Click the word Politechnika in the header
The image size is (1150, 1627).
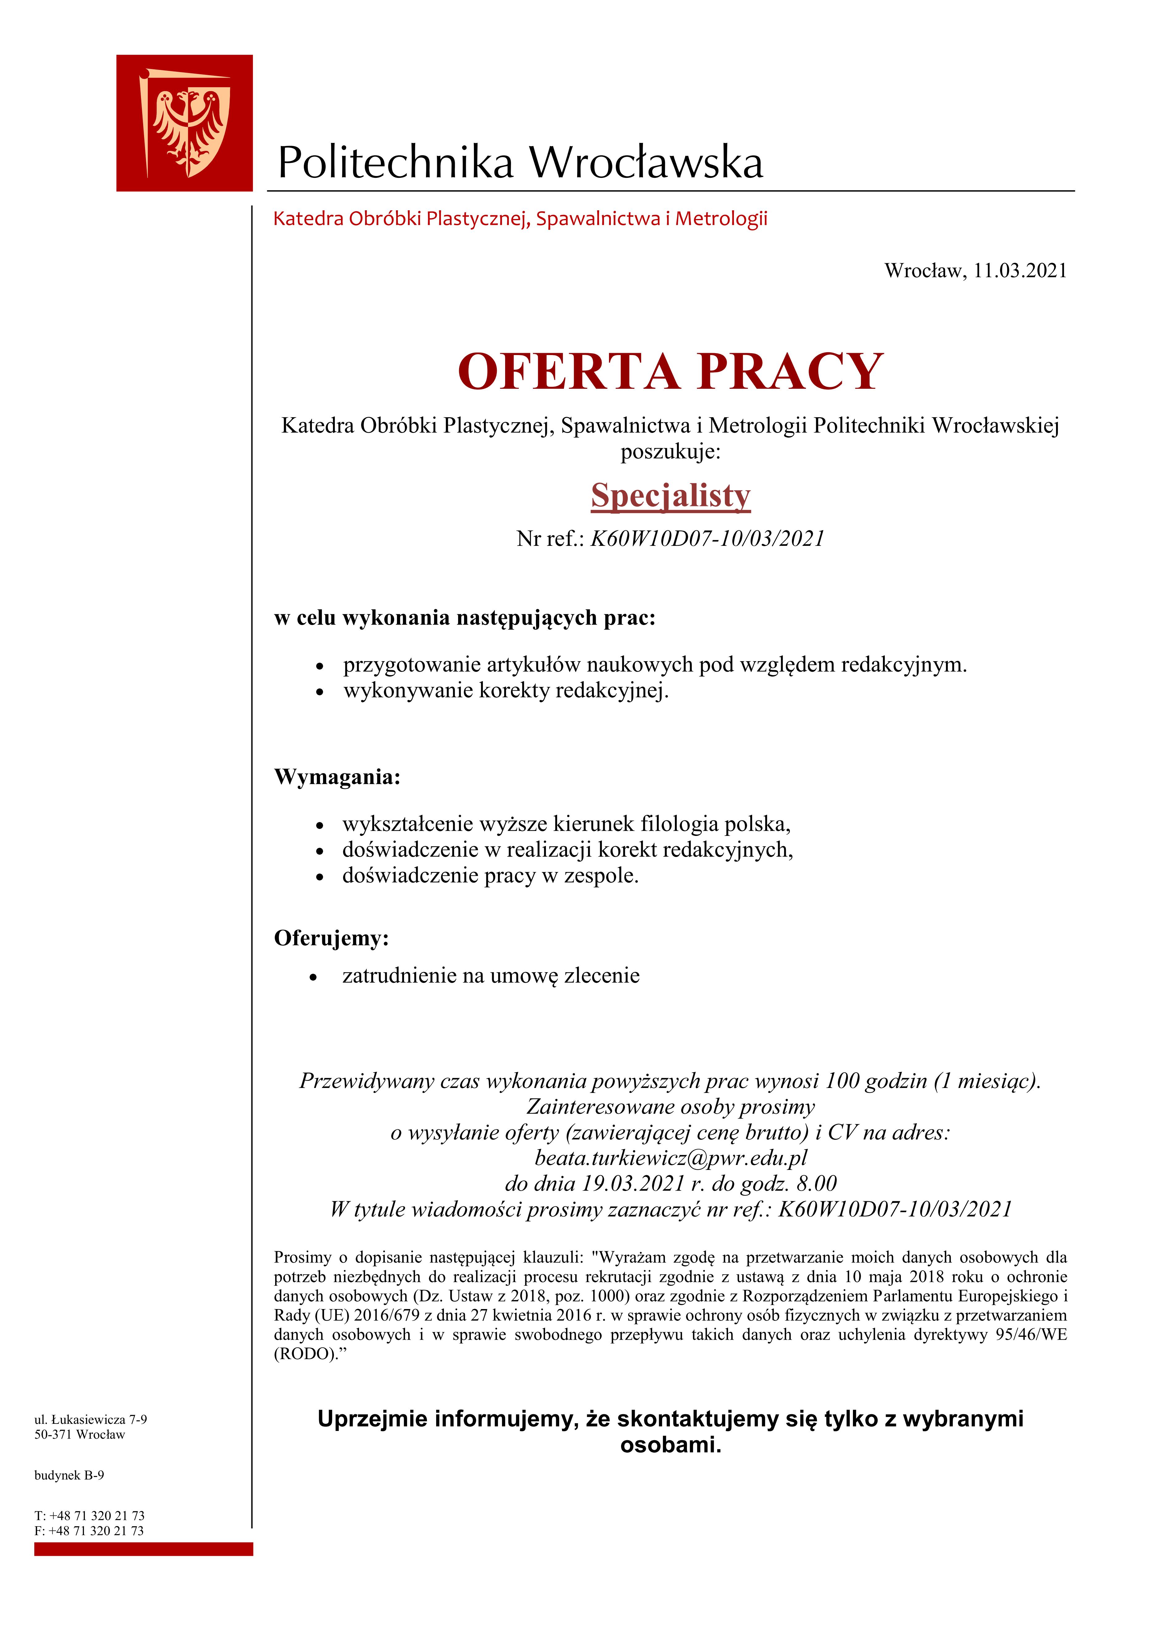coord(395,162)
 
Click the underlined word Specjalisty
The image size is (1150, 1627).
coord(670,495)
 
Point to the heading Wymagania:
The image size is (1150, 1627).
coord(337,777)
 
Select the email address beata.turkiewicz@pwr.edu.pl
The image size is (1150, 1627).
coord(670,1158)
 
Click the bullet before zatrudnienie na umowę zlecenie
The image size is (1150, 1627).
coord(313,977)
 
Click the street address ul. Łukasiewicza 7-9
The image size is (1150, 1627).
coord(91,1419)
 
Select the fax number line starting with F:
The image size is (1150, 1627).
coord(89,1531)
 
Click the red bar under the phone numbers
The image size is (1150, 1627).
coord(143,1549)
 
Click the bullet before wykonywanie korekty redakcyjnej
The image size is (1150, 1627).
coord(320,691)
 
